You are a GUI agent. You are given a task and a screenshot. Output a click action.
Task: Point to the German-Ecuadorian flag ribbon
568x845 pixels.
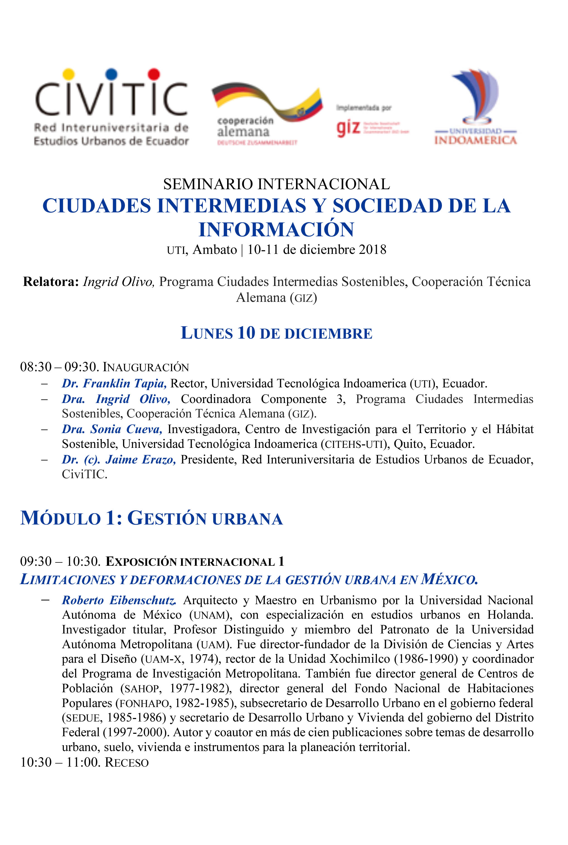tap(267, 102)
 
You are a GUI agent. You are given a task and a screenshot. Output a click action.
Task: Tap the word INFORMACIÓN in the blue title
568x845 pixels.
tap(276, 229)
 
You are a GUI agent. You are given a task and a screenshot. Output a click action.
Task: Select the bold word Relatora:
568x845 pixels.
tap(51, 281)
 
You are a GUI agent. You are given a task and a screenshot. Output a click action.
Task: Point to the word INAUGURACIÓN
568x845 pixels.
tap(146, 367)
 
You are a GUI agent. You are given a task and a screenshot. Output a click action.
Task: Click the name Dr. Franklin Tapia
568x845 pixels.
tap(114, 383)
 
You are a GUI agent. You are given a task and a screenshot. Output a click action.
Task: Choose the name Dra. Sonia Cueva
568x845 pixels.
tap(112, 429)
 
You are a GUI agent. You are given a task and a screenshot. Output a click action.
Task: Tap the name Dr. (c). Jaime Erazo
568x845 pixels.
tap(119, 459)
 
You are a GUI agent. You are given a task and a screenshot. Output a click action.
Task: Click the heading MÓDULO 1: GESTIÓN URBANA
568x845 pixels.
tap(151, 518)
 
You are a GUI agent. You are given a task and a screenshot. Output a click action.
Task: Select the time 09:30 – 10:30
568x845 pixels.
tap(60, 561)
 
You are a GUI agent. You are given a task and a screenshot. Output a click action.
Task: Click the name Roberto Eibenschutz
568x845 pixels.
tap(119, 600)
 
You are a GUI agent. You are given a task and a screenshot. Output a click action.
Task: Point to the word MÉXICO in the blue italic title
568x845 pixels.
tap(449, 579)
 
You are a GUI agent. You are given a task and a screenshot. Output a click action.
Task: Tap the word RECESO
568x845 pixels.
tap(127, 763)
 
